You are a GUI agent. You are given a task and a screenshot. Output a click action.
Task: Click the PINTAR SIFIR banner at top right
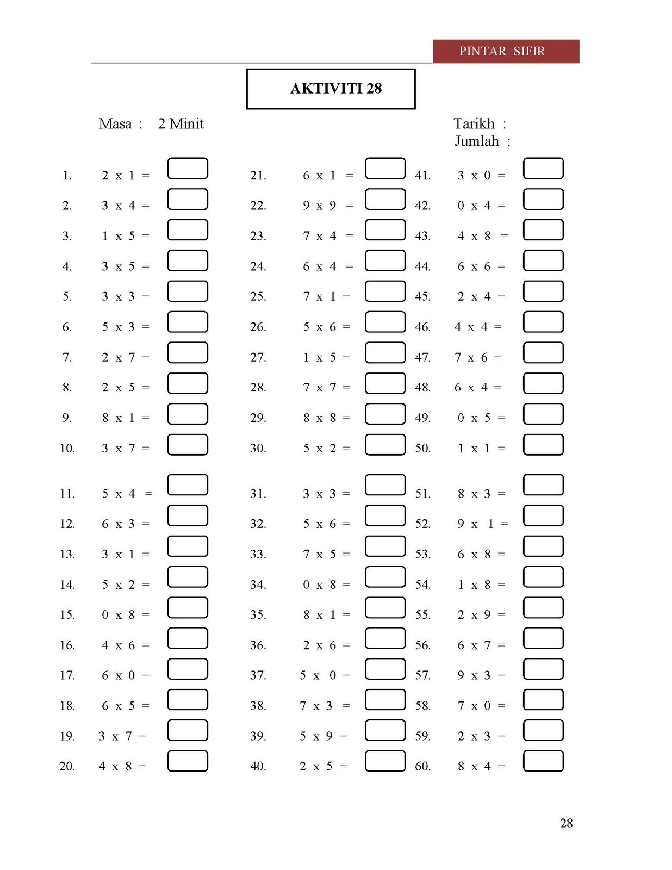(506, 51)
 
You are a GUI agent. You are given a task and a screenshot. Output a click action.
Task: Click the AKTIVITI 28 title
(335, 89)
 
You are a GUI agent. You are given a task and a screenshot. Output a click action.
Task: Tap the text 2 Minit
(181, 124)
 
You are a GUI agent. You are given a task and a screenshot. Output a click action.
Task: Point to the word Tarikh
(474, 124)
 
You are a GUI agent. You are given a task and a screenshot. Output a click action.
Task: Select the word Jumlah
(477, 141)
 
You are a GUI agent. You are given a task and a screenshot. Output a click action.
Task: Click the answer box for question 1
(188, 169)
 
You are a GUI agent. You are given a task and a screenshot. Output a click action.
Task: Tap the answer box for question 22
(385, 199)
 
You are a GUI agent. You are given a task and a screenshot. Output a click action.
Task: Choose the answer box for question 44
(543, 260)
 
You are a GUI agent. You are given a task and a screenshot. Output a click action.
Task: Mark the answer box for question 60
(543, 761)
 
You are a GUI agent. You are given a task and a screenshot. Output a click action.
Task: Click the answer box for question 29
(385, 414)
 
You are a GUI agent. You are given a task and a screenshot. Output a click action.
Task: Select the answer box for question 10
(188, 445)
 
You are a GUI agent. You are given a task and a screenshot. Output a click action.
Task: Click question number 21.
(258, 176)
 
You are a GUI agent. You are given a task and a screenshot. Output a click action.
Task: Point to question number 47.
(422, 358)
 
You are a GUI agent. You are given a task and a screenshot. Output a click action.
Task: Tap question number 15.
(67, 615)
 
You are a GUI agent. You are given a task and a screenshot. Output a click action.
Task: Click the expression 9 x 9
(320, 206)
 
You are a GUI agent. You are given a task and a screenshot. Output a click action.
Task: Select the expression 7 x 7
(320, 388)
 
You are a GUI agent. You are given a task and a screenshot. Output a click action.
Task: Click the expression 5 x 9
(316, 736)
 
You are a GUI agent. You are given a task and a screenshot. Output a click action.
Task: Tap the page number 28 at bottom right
(566, 823)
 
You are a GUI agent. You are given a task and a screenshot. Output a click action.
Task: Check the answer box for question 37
(385, 669)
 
